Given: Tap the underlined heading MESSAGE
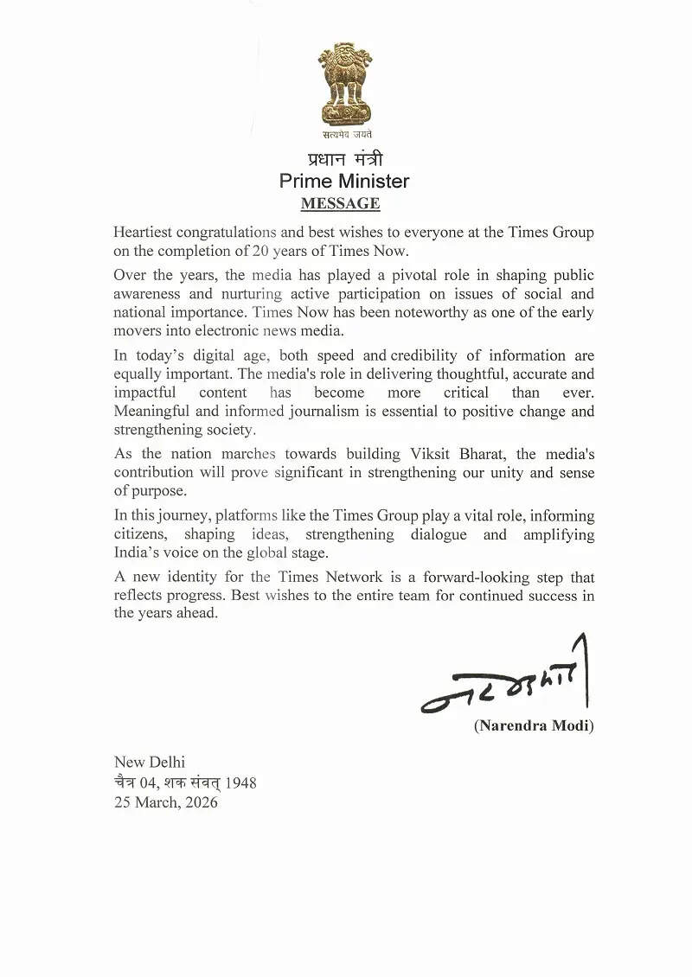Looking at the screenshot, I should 340,204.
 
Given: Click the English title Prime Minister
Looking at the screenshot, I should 344,182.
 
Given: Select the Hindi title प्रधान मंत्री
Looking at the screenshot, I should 345,159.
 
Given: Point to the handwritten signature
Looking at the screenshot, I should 506,683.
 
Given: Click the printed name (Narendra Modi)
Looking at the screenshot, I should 534,725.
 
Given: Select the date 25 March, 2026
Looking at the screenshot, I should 166,802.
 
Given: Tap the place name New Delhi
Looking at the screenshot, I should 150,763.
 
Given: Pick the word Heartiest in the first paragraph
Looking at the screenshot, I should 144,233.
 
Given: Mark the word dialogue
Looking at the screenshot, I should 433,534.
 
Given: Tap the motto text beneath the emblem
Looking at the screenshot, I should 344,133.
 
